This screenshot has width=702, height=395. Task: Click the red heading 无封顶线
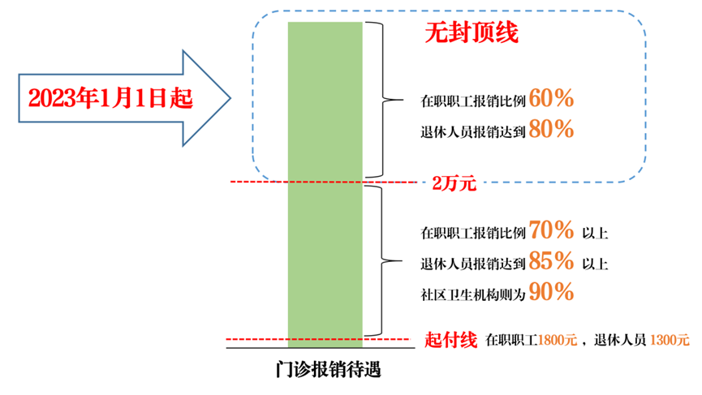coord(472,32)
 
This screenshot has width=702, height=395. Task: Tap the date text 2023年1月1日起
coord(110,98)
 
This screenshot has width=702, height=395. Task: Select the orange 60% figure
coord(551,98)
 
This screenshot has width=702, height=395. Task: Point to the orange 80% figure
coord(551,129)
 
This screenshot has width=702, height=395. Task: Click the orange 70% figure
coord(551,230)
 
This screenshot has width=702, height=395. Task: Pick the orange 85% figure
coord(551,260)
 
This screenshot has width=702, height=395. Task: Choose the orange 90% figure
coord(551,292)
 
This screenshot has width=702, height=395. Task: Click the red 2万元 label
coord(454,183)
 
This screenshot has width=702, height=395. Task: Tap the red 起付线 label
coord(451,340)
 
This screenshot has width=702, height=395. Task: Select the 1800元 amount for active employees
coord(558,340)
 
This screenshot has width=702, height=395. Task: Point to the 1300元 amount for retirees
coord(670,340)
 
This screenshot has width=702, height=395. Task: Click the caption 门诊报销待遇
coord(328,370)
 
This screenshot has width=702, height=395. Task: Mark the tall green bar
coord(325,185)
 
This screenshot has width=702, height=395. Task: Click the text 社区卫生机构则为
coord(473,294)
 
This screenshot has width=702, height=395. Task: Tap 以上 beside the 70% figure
coord(595,233)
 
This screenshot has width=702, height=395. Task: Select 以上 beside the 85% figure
coord(595,264)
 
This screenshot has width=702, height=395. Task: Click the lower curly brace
coord(381,261)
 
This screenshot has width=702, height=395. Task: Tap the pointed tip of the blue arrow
coord(230,98)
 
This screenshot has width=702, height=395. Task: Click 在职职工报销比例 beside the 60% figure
coord(473,101)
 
